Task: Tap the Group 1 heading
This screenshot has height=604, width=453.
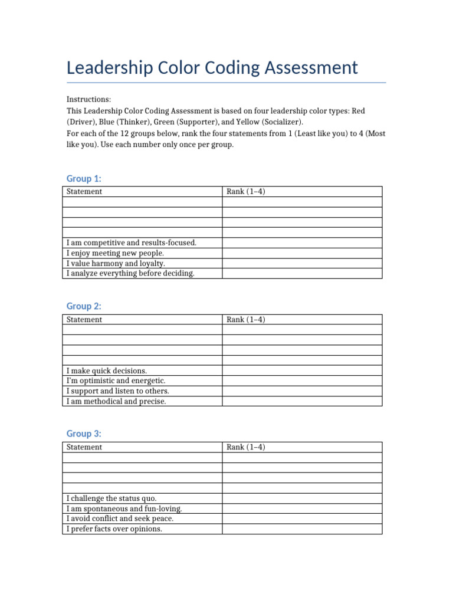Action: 84,179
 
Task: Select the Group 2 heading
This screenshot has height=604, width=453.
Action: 84,306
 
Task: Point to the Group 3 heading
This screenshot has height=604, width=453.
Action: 84,434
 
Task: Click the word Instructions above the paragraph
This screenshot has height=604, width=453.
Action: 88,100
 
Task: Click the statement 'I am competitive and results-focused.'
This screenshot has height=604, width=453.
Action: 132,242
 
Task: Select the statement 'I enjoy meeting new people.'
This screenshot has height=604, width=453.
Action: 115,253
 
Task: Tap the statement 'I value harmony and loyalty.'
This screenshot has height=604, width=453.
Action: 116,264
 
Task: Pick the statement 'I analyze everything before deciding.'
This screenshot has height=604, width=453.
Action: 130,274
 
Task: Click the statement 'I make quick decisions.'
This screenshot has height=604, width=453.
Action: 107,370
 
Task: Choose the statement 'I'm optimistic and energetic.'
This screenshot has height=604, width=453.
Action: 116,381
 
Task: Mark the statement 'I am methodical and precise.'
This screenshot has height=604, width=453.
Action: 116,402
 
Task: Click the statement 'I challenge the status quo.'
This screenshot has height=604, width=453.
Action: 111,498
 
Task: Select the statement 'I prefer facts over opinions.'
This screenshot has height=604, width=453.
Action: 114,529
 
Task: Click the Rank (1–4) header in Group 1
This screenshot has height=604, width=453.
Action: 246,192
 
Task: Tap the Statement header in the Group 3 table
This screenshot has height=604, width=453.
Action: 84,447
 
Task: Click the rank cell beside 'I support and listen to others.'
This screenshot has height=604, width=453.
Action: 302,391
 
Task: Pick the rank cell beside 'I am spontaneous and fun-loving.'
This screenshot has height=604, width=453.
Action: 302,508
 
